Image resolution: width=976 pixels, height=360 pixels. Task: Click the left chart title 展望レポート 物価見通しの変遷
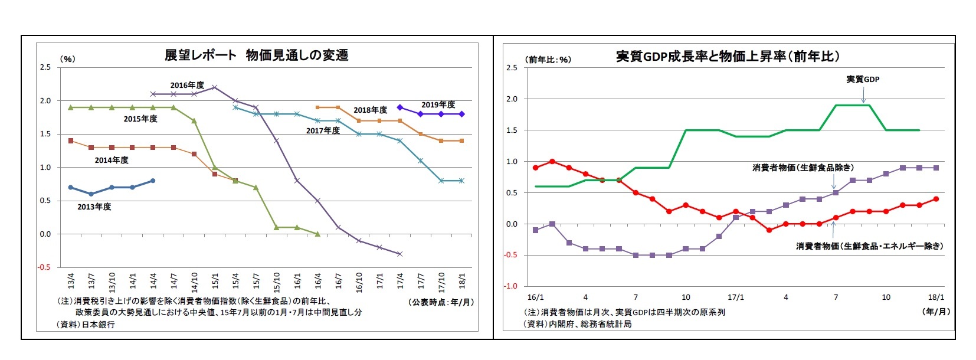[x=256, y=55]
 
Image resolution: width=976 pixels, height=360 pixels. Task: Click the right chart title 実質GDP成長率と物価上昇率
[x=727, y=57]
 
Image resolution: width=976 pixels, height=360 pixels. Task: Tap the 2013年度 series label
[x=94, y=207]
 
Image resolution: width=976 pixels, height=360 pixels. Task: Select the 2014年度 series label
[x=112, y=160]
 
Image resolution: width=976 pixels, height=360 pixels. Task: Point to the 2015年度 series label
[x=140, y=119]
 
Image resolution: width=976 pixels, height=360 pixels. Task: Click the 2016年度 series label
[x=187, y=85]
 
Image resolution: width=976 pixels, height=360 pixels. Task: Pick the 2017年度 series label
[x=323, y=130]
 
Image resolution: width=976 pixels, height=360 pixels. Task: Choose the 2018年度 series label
[x=371, y=110]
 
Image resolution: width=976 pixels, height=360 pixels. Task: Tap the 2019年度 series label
[x=438, y=104]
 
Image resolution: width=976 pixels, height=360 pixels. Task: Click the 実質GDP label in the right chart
[x=863, y=79]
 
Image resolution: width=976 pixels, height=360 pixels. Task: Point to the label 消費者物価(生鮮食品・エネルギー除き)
[x=869, y=246]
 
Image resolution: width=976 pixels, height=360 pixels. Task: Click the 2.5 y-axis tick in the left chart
[x=45, y=68]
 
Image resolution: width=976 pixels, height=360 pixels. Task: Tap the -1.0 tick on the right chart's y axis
[x=511, y=287]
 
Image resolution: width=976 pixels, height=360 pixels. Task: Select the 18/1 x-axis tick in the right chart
[x=936, y=297]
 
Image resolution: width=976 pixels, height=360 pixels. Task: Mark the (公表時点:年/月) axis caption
[x=441, y=302]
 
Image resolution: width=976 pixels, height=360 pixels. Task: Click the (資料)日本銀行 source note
[x=86, y=324]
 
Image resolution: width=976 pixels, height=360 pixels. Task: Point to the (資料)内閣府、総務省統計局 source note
[x=578, y=323]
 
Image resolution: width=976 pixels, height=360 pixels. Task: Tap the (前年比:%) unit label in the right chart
[x=548, y=60]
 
